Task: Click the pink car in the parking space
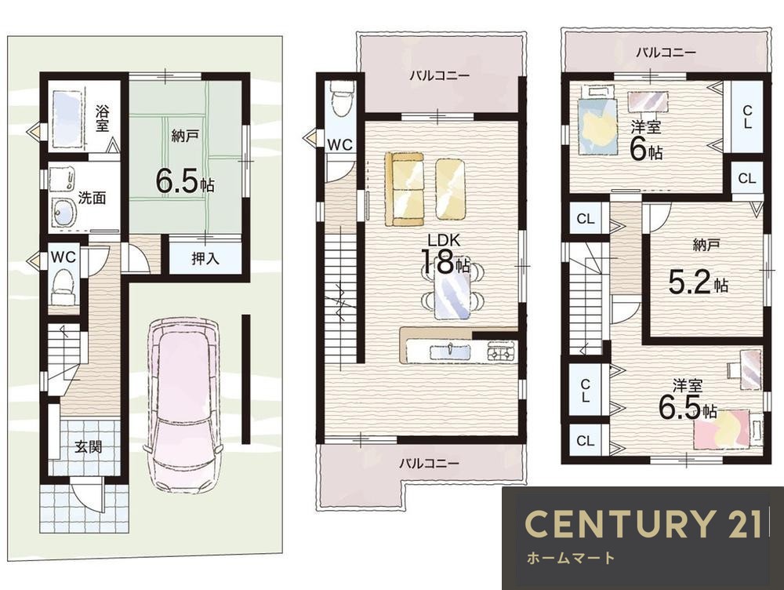183,406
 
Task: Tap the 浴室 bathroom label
103,118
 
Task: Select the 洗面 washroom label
92,198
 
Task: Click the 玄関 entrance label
89,446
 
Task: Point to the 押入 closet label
205,258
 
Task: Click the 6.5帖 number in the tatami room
185,181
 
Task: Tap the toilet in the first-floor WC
64,287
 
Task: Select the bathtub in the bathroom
67,118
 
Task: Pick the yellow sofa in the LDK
405,189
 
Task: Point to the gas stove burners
502,351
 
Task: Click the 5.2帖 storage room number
698,282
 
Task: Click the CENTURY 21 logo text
643,523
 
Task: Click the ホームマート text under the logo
571,558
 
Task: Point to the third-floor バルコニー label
666,52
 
